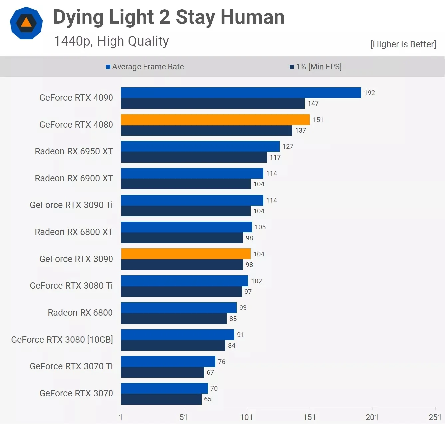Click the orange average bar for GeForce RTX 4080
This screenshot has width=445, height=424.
tap(215, 120)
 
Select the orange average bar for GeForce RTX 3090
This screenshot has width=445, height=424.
tap(186, 254)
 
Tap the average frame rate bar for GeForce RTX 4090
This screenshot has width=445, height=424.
tap(241, 93)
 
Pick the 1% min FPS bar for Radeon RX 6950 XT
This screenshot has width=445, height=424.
tap(194, 157)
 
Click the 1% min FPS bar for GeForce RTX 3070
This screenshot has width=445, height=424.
tap(161, 399)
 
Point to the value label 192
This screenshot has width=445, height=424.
tap(369, 93)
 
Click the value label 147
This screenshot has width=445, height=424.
tap(313, 103)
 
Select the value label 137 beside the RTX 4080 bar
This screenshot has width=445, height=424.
tap(300, 130)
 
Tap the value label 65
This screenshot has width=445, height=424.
tap(208, 399)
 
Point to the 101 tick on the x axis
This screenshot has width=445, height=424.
tap(246, 417)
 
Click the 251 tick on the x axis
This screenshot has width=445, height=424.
tap(435, 417)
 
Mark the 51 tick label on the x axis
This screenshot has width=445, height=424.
tap(183, 417)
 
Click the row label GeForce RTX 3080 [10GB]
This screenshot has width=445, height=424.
tap(62, 339)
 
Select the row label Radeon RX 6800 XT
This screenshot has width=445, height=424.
tap(74, 232)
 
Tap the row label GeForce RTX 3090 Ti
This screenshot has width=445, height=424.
tap(71, 205)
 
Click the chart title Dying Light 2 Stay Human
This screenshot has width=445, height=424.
tap(169, 17)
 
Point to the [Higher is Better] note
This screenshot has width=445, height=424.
tap(403, 44)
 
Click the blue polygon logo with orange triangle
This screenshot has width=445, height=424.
tap(26, 23)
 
